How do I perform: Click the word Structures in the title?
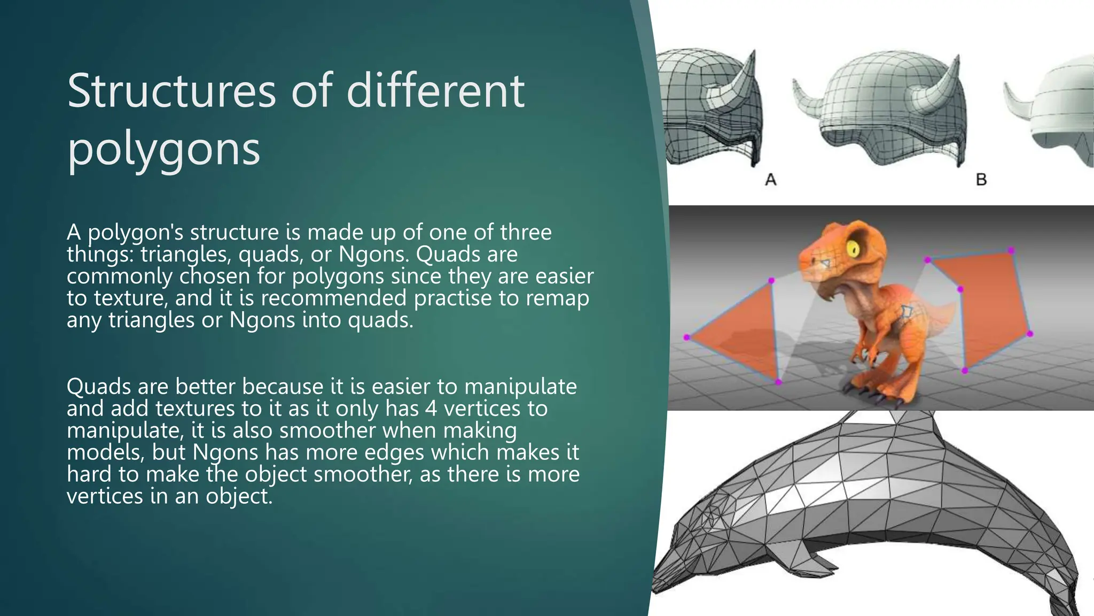[171, 91]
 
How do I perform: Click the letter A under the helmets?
[770, 180]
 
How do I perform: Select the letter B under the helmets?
[981, 180]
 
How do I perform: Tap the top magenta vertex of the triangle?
[771, 281]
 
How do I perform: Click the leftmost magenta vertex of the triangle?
[687, 337]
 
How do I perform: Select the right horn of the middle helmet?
[940, 88]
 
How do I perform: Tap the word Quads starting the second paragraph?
[98, 387]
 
